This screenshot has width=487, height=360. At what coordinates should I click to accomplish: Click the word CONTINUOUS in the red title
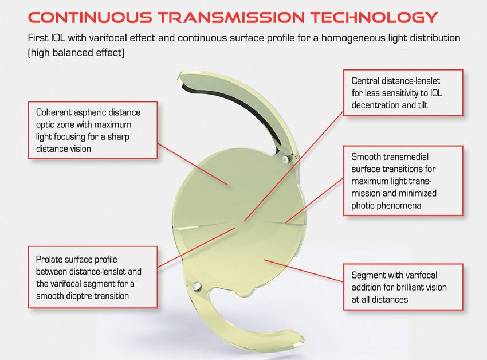point(90,17)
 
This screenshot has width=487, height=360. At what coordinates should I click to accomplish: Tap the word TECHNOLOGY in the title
point(374,17)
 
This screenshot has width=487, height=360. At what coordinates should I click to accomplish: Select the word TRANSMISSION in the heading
point(231,17)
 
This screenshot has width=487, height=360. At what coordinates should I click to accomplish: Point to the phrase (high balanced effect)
point(76,53)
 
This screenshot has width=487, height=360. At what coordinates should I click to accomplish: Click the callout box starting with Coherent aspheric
point(93,130)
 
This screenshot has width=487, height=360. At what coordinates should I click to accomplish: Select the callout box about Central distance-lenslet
point(403,93)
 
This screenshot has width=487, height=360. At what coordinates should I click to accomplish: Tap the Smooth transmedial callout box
point(403,181)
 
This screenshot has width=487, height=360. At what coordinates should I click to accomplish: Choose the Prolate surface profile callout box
point(93,277)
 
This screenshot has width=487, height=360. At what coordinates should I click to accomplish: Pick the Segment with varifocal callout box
point(403,287)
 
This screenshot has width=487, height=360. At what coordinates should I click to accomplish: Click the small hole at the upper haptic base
point(285,159)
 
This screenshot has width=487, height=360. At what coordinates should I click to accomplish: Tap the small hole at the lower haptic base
point(197,286)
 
